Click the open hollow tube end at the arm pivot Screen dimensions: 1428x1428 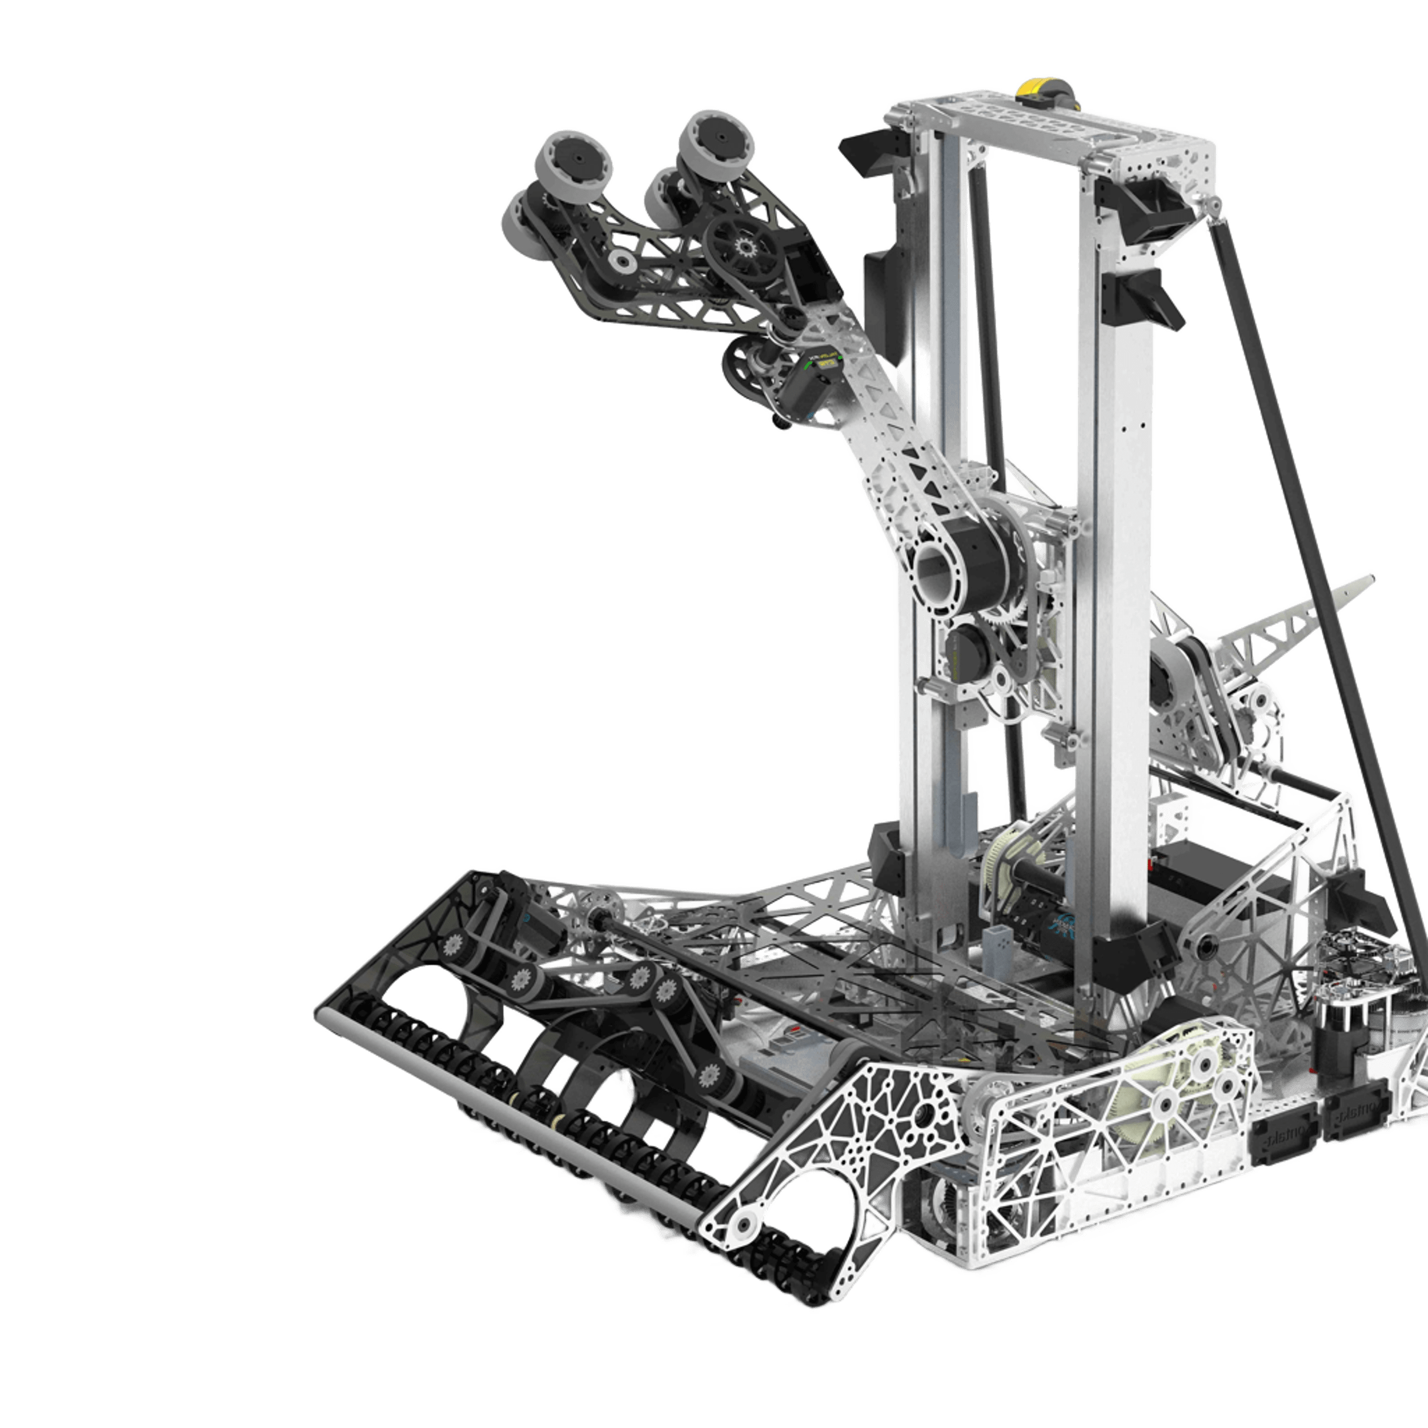point(937,571)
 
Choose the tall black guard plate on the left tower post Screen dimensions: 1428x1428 point(880,296)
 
